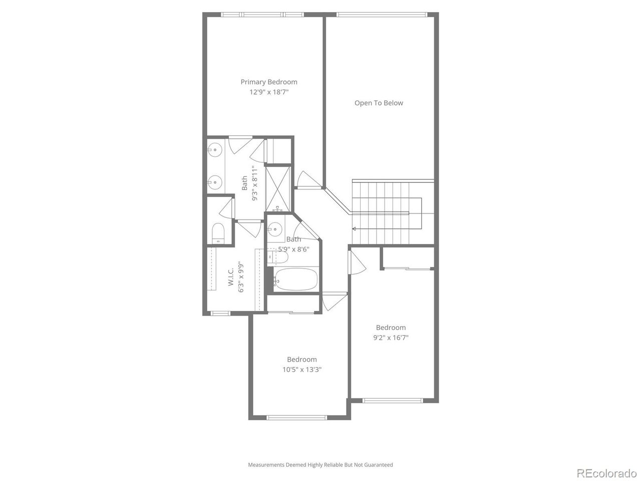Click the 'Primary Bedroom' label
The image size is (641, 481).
(268, 82)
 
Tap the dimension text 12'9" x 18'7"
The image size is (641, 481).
(268, 93)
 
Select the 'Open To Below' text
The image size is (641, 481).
(379, 103)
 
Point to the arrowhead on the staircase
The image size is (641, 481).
(355, 229)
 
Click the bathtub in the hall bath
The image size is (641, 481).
(296, 280)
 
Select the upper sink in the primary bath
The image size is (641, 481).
(215, 149)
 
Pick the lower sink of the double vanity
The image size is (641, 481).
(215, 182)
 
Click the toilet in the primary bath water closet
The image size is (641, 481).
(218, 233)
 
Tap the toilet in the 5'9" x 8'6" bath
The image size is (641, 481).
(278, 258)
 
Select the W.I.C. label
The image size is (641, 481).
(231, 278)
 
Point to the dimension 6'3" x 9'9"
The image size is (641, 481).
(241, 278)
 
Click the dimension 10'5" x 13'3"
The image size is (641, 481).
(301, 370)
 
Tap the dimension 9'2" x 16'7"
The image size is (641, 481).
(391, 338)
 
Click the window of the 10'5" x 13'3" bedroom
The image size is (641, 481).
(297, 417)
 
